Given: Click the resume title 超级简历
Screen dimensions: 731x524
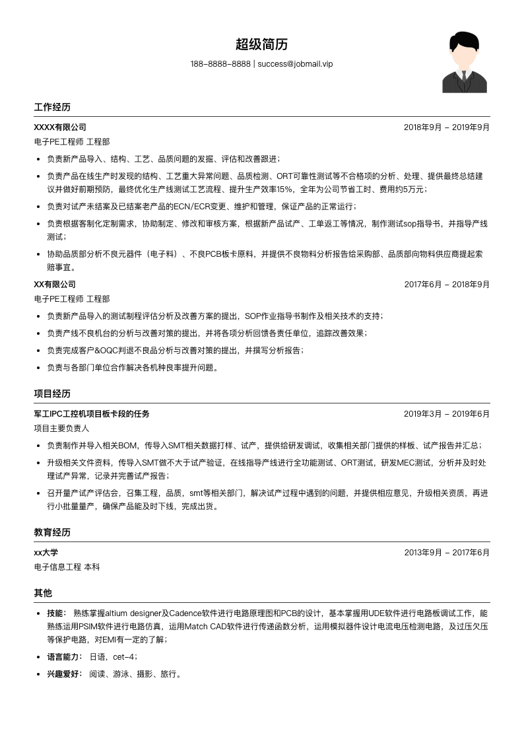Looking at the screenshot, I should pyautogui.click(x=261, y=45).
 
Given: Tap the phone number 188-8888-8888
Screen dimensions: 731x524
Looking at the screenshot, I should pyautogui.click(x=220, y=64).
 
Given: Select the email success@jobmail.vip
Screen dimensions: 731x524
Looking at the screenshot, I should pyautogui.click(x=295, y=64).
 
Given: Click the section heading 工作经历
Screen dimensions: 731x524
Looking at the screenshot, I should pyautogui.click(x=52, y=107).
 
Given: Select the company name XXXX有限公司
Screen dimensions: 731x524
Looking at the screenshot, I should pyautogui.click(x=60, y=127).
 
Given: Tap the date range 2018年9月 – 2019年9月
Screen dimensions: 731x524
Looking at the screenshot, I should pyautogui.click(x=447, y=127).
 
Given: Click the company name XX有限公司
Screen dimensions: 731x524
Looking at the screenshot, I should pyautogui.click(x=55, y=284).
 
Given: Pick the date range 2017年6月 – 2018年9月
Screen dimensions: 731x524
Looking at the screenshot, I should pyautogui.click(x=447, y=284).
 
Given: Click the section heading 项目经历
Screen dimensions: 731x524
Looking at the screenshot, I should pyautogui.click(x=52, y=394).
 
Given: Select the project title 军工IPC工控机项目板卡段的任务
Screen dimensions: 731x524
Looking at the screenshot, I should pyautogui.click(x=92, y=414).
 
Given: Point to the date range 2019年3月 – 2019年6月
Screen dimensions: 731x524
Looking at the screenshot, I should pyautogui.click(x=447, y=414).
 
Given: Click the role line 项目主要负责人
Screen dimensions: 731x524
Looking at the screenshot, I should pyautogui.click(x=61, y=429).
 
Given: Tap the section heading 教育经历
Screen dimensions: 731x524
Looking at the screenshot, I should pyautogui.click(x=52, y=532).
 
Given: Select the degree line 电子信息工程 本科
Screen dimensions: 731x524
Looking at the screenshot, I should pyautogui.click(x=67, y=567).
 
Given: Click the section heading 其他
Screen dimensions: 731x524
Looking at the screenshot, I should pyautogui.click(x=43, y=593).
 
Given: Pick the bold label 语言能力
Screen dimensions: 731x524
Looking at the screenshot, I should pyautogui.click(x=64, y=657).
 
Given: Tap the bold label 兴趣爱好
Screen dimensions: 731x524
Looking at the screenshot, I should pyautogui.click(x=64, y=674).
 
